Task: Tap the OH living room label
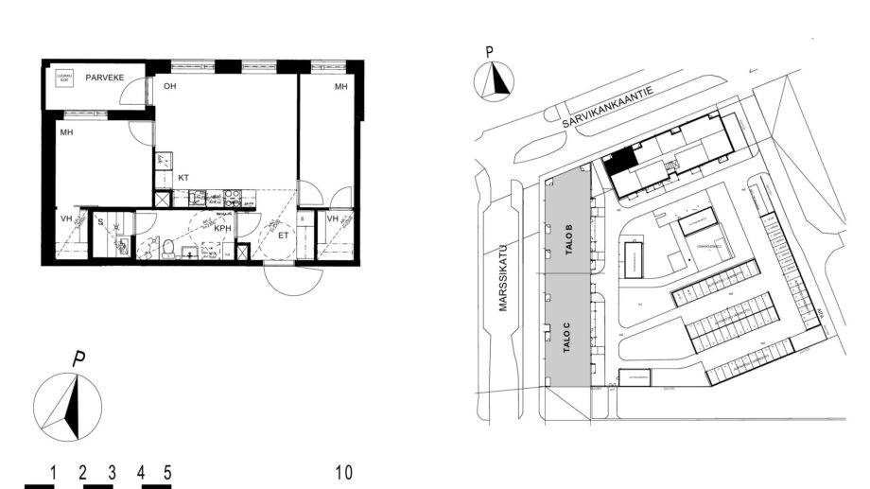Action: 170,87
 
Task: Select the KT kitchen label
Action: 183,178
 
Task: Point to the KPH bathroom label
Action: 222,229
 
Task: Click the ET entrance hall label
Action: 283,236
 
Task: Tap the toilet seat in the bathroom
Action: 168,250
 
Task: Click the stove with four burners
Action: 231,199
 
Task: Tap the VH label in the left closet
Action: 66,219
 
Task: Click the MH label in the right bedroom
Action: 339,87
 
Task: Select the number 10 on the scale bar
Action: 343,472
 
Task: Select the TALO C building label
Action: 567,337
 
